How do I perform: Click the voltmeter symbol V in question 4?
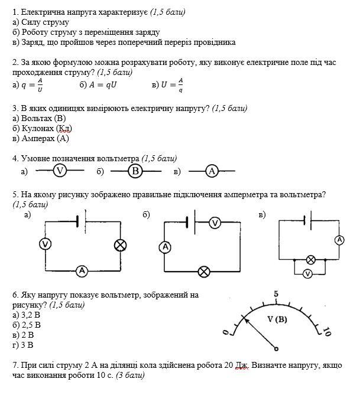tap(59, 171)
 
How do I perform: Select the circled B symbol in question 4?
tap(135, 171)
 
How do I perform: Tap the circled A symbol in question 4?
tap(213, 171)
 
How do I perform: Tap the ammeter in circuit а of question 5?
tap(82, 271)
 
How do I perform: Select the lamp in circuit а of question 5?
tap(121, 244)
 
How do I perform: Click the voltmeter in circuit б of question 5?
tap(215, 223)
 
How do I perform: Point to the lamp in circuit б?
tap(204, 272)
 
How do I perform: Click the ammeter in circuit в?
tap(339, 240)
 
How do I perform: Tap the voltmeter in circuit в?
tap(307, 273)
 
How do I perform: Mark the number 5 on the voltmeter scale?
tap(276, 294)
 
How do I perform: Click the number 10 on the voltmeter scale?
tap(326, 332)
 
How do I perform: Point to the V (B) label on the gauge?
tap(277, 319)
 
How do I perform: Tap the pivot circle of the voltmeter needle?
tap(277, 348)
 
